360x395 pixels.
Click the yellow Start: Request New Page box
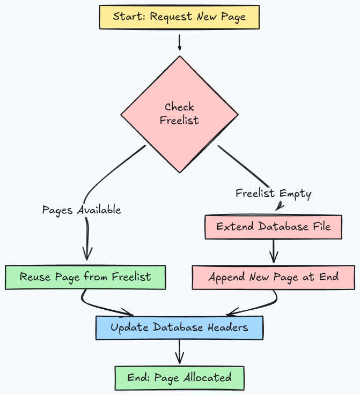click(x=179, y=17)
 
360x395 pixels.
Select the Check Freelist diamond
click(x=179, y=114)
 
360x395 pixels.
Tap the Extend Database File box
click(x=273, y=227)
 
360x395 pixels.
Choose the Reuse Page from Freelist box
click(x=85, y=277)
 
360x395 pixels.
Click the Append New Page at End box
click(x=273, y=277)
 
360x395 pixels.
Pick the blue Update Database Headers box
click(x=179, y=327)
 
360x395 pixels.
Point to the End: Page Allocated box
click(x=179, y=378)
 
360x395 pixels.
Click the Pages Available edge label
click(x=82, y=210)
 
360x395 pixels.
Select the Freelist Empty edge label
click(x=273, y=193)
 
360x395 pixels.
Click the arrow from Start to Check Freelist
click(x=179, y=42)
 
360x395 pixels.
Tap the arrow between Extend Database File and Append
click(x=274, y=251)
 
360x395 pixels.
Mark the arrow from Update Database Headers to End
click(x=179, y=352)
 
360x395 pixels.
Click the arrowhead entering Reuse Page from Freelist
click(x=86, y=254)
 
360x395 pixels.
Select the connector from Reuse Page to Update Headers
click(x=102, y=307)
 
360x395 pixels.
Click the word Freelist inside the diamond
click(x=179, y=120)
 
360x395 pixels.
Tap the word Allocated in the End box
click(x=207, y=378)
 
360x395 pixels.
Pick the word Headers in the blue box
click(x=227, y=327)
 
